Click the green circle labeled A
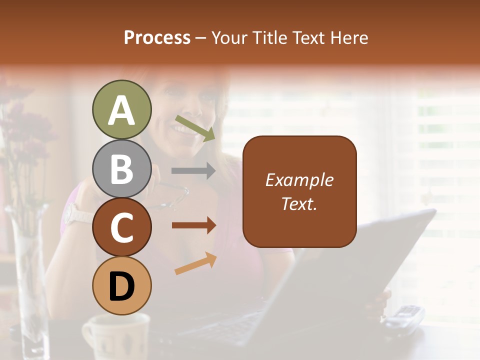pos(121,109)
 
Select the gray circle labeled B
pos(121,168)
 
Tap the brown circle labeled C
pos(121,227)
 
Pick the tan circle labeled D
pos(121,286)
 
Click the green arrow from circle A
pos(195,127)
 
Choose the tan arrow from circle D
pos(195,263)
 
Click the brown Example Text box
pos(299,191)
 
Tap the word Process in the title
pos(157,37)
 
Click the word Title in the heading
pos(269,37)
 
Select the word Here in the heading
pos(350,37)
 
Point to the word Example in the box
pos(299,180)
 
